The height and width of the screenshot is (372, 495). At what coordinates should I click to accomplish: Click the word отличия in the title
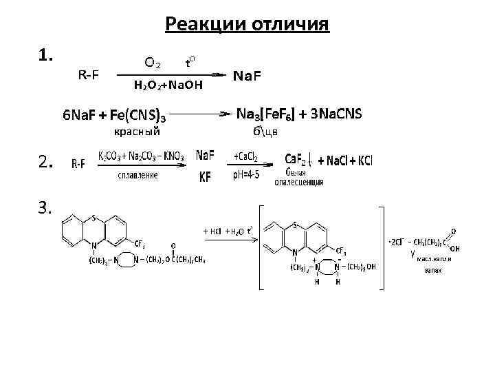(288, 25)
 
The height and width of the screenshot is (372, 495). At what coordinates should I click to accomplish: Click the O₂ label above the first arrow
(152, 63)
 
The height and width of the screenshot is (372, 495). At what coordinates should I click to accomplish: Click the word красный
(137, 130)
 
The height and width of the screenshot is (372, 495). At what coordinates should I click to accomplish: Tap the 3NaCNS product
(336, 112)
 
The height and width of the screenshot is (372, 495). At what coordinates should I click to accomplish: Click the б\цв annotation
(265, 131)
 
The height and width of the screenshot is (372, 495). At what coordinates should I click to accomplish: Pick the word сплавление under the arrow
(137, 176)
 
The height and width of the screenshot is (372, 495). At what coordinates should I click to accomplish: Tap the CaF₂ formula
(296, 159)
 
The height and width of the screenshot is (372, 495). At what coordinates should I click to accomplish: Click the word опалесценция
(299, 183)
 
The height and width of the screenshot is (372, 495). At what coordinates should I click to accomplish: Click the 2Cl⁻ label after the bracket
(398, 242)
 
